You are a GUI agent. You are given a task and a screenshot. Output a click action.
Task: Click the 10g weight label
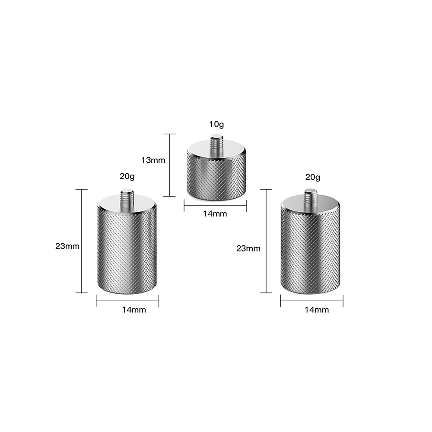(216, 124)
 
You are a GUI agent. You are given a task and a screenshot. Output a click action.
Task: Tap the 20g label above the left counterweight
(127, 176)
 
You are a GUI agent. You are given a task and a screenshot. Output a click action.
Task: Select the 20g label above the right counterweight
(312, 177)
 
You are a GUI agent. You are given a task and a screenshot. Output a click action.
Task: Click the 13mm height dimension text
(153, 160)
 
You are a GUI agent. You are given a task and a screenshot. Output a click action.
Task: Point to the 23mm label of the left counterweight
(67, 246)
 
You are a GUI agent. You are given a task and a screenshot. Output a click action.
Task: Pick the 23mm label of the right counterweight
(248, 248)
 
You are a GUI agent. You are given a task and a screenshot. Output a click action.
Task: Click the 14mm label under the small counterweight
(215, 213)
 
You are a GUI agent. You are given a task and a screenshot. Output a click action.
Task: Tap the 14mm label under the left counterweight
(134, 310)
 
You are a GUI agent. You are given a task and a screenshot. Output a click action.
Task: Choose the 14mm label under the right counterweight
(317, 310)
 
